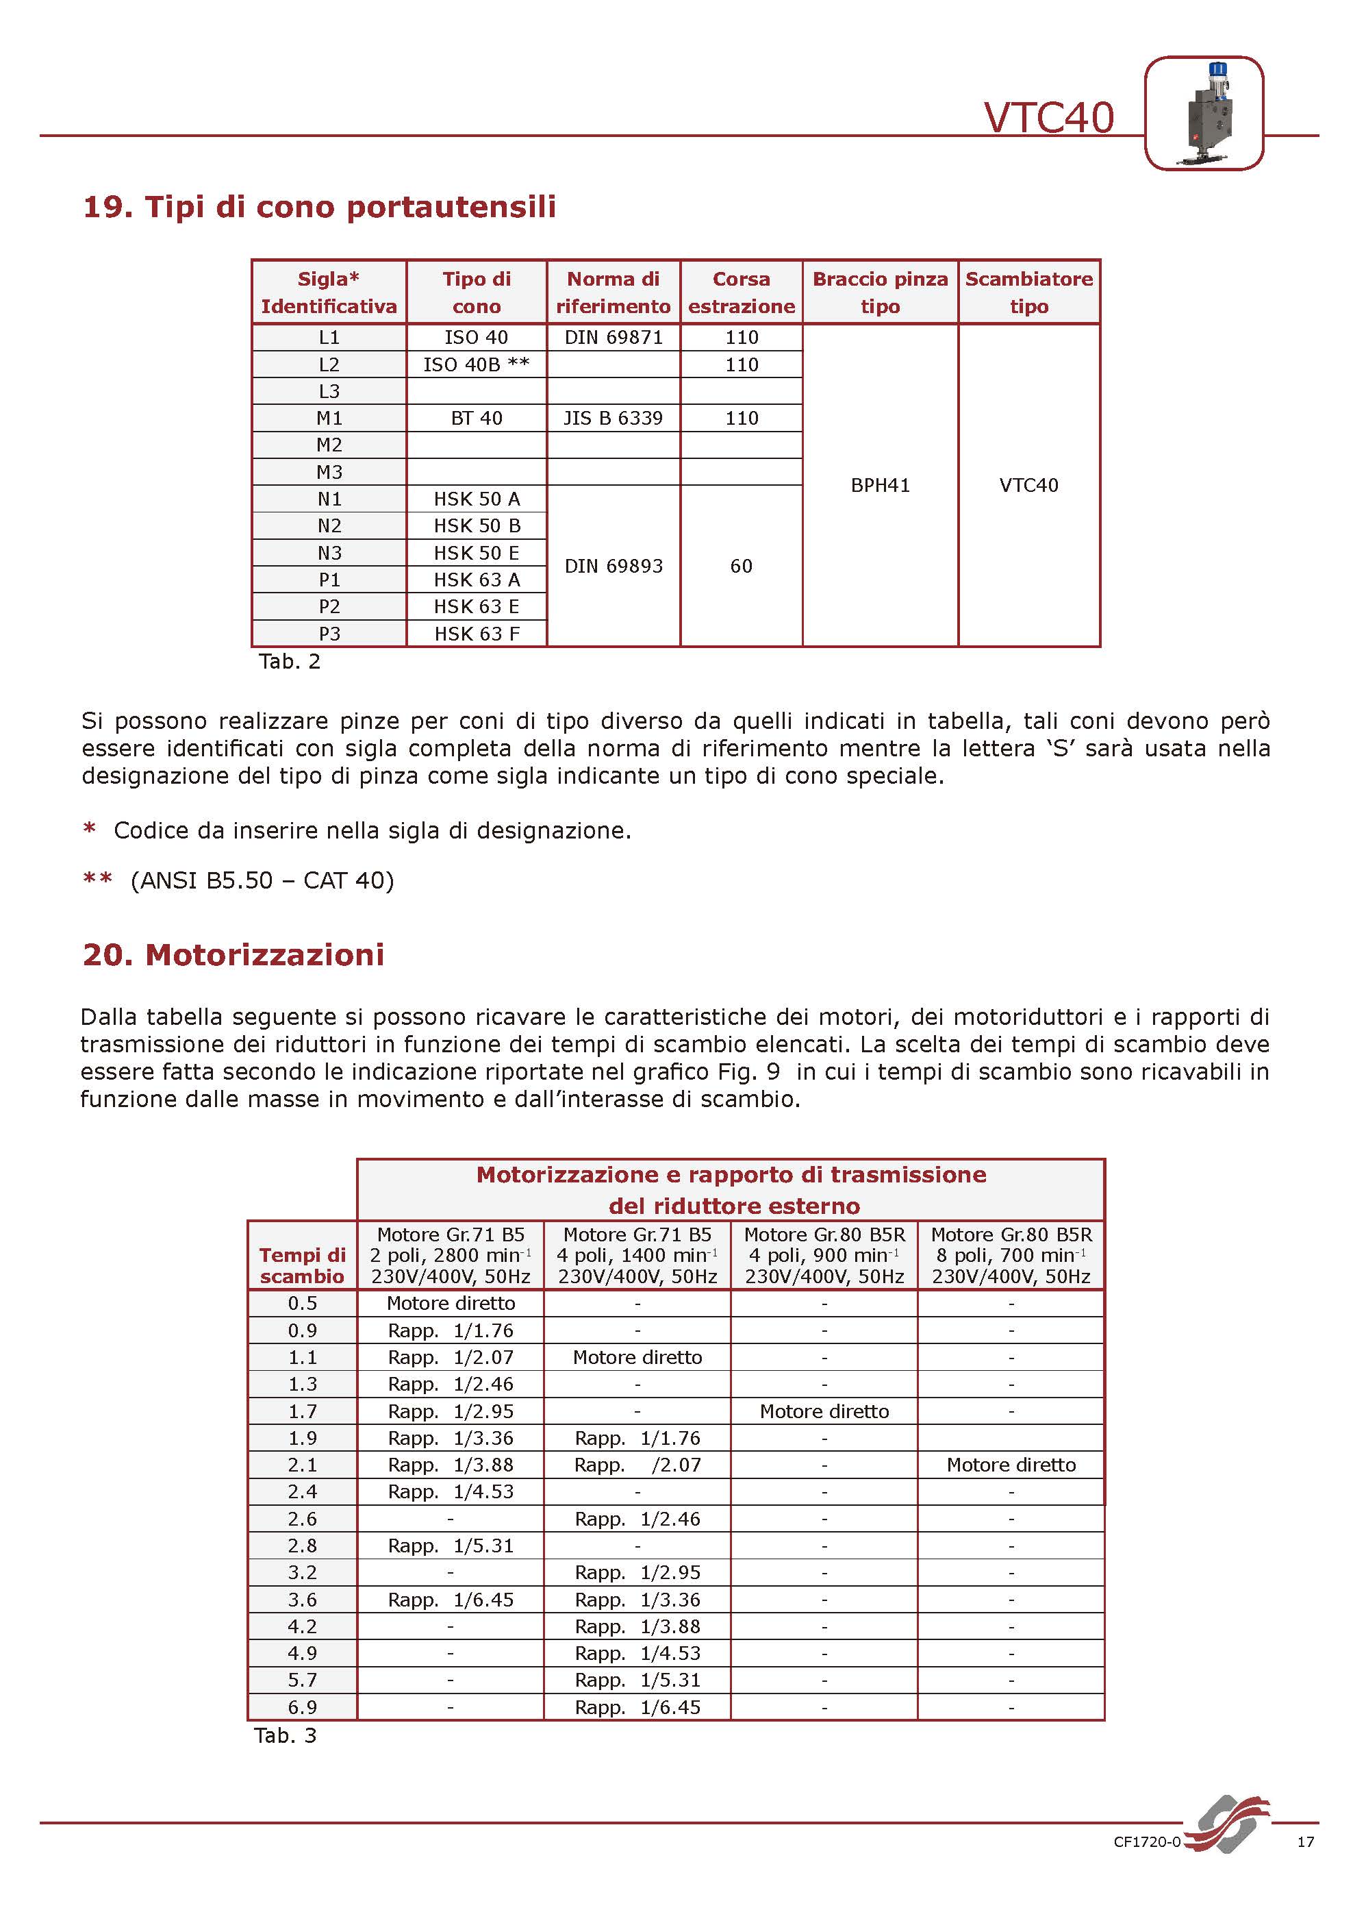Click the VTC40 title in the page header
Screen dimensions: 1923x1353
pos(1048,117)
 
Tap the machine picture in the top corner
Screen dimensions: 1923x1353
pos(1203,113)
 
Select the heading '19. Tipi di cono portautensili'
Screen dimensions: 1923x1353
pos(319,207)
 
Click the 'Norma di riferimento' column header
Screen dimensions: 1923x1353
pos(613,293)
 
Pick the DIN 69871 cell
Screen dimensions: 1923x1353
pos(613,338)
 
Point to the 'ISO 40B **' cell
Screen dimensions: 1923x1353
pos(477,364)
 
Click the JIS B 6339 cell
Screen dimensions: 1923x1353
pos(613,418)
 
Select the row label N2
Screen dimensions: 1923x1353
pos(329,526)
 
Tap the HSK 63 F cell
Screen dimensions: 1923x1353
pos(477,634)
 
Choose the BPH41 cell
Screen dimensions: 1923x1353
pos(880,485)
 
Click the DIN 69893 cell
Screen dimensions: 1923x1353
pos(613,566)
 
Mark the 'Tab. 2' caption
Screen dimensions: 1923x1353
pos(290,662)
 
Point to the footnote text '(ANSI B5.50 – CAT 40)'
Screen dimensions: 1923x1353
pos(262,880)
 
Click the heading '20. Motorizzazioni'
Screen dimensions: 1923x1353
pos(233,955)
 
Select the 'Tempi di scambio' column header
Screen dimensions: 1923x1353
pos(302,1265)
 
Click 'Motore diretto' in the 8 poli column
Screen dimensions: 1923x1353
pos(1011,1465)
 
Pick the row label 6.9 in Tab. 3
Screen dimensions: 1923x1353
pos(302,1707)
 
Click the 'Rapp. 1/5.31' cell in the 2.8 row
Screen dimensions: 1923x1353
pos(451,1546)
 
